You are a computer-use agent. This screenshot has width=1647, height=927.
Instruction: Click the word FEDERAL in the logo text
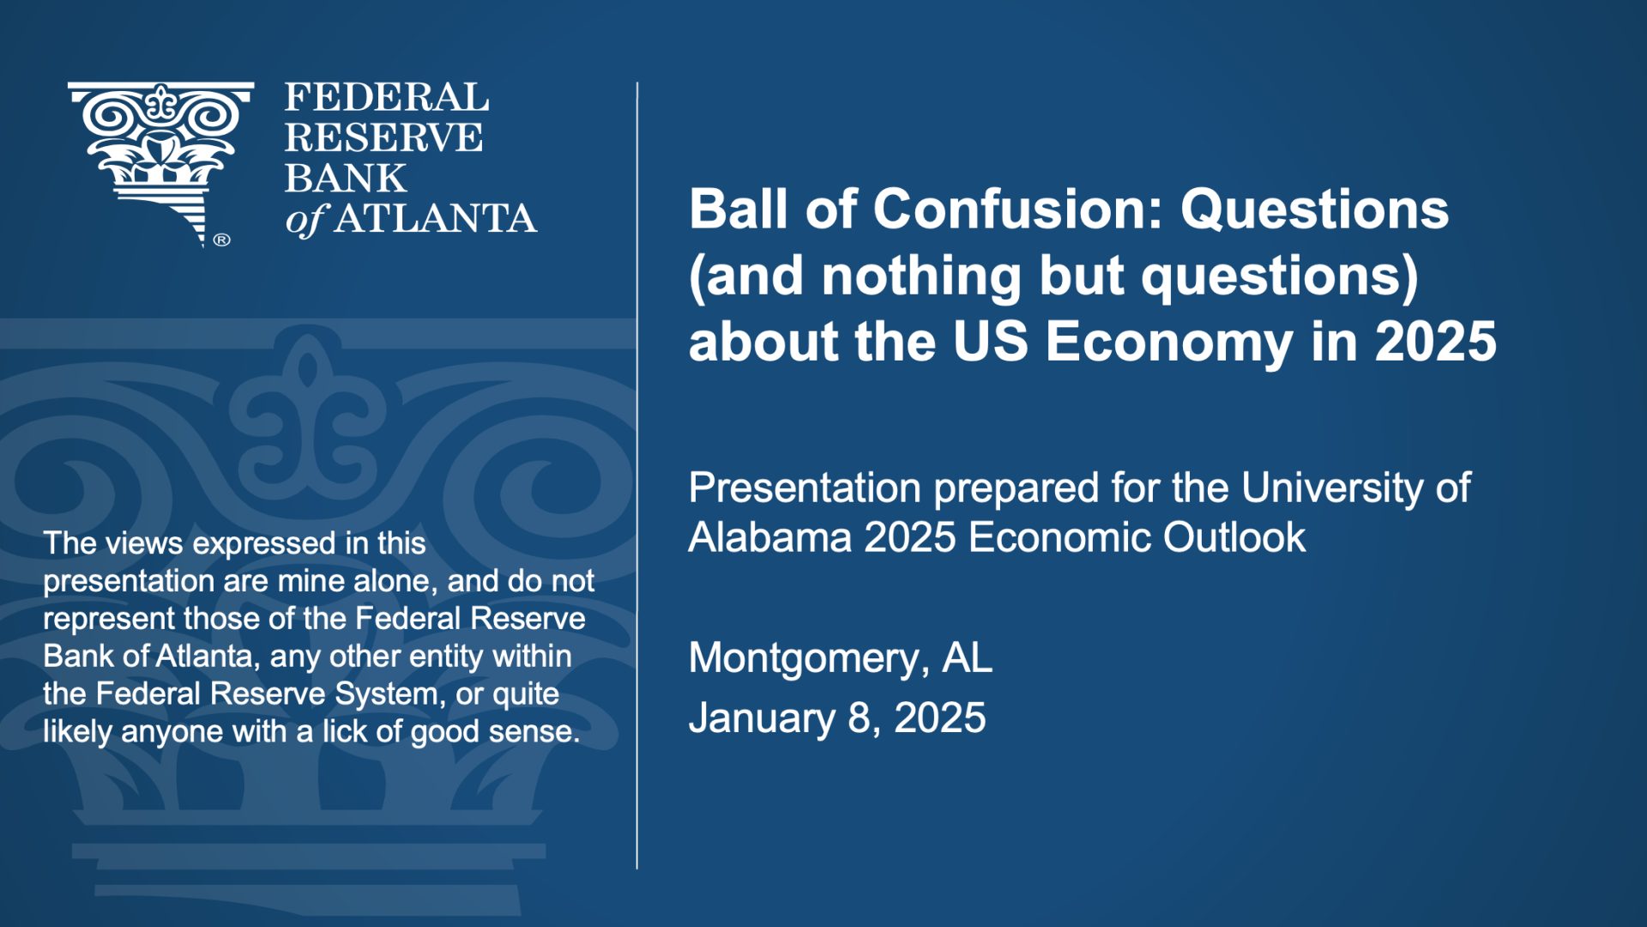point(387,97)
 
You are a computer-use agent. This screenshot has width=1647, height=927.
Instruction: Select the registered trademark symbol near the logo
point(221,239)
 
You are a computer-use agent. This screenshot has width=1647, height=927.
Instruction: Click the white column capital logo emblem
point(160,161)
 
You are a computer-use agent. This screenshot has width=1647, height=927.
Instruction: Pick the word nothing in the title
point(921,276)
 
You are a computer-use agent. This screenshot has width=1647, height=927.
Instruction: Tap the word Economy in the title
point(1169,342)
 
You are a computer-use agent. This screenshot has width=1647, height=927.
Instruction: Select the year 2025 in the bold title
point(1436,342)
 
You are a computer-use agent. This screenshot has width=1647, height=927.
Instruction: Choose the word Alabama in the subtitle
point(770,538)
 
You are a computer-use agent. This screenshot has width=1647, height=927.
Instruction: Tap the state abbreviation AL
point(968,658)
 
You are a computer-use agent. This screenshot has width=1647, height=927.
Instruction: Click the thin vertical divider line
point(637,476)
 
